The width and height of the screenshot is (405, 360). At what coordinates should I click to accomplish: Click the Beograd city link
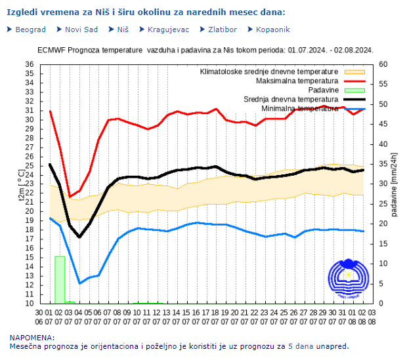30,30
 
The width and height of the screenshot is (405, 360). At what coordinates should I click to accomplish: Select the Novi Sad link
81,30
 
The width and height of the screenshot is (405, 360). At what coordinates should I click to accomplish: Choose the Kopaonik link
272,30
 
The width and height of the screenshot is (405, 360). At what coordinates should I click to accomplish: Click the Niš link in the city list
123,30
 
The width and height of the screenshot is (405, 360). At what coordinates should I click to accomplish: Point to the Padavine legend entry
323,89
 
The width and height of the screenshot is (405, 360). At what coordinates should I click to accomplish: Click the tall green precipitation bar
60,279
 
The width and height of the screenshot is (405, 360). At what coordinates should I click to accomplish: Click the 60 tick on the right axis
383,64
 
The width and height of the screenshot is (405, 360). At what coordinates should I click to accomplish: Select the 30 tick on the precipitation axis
383,184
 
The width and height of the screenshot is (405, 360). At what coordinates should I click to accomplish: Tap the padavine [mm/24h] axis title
394,184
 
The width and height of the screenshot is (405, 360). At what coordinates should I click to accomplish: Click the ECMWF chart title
205,50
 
